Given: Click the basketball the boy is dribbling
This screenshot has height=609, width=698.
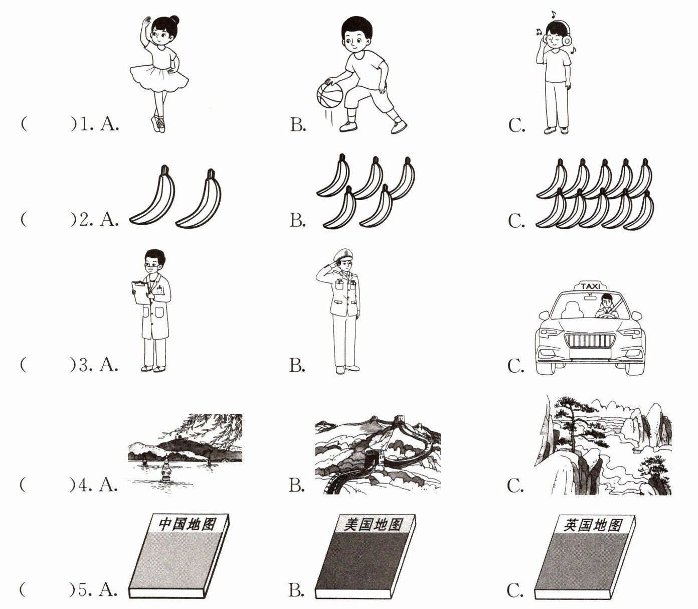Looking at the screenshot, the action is click(x=329, y=94).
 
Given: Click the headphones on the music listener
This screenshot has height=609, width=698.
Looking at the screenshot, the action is click(x=568, y=38).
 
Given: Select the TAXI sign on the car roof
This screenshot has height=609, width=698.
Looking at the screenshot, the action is click(x=590, y=286).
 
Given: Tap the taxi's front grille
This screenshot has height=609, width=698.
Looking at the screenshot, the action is click(x=590, y=341).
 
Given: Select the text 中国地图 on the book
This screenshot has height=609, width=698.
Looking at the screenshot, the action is click(x=187, y=524).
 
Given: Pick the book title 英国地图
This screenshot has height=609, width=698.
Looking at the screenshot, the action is click(x=593, y=525).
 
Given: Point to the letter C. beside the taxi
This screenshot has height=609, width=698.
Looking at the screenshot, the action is click(x=516, y=366).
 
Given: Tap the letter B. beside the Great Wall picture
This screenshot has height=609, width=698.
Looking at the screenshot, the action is click(x=297, y=486).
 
